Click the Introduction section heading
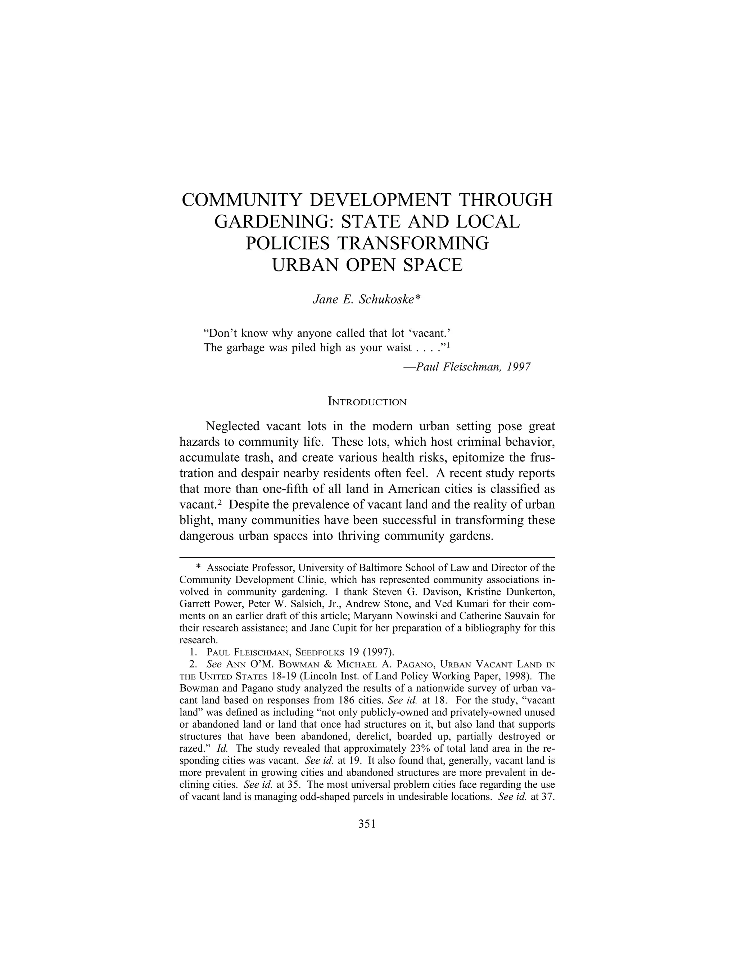click(x=367, y=402)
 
